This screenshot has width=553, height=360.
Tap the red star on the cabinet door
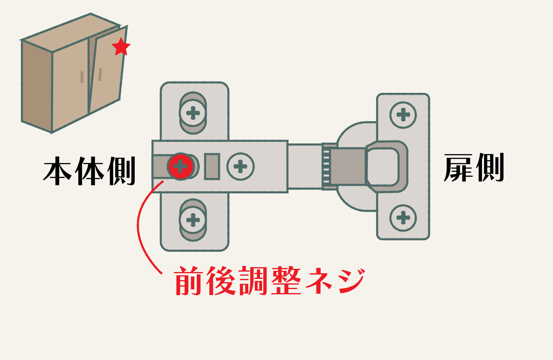point(121,47)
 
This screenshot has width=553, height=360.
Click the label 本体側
point(89,172)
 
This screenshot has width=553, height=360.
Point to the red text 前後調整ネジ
point(269,281)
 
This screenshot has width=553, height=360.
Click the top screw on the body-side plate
point(193,112)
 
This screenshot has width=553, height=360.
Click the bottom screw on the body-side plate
point(193,221)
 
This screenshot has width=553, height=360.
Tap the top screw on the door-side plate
point(403,115)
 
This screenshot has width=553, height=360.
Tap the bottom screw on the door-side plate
point(403,218)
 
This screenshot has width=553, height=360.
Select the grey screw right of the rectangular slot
point(241,166)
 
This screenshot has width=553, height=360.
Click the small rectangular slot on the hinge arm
point(212,166)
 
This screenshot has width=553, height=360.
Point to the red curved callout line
point(142,227)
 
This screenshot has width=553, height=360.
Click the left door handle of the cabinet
point(82,77)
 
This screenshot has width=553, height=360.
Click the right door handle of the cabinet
point(100,74)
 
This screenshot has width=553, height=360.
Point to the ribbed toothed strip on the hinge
point(325,166)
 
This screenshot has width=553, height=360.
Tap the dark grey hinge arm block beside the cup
point(348,166)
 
